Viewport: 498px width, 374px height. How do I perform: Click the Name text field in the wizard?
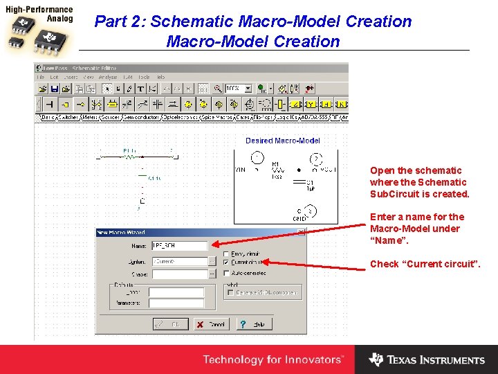(x=179, y=245)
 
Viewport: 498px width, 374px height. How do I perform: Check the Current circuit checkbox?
(x=226, y=262)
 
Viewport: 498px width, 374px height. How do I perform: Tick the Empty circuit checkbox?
(x=226, y=253)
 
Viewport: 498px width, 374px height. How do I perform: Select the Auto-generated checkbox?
(x=226, y=273)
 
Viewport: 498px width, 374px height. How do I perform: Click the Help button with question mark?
(x=254, y=324)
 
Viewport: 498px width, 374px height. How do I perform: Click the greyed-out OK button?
(x=170, y=324)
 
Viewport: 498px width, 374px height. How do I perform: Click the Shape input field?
(x=179, y=274)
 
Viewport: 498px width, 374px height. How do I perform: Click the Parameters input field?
(x=176, y=303)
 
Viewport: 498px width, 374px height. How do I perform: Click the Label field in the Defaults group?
(x=176, y=292)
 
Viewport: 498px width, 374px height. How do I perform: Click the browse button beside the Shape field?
(x=212, y=274)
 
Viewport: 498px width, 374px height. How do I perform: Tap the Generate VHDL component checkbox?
(x=230, y=292)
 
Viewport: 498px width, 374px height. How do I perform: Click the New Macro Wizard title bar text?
(x=122, y=233)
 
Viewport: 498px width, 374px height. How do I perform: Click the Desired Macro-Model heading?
(x=283, y=141)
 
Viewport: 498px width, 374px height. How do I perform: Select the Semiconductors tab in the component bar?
(x=140, y=118)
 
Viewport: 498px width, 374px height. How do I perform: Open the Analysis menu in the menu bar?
(x=107, y=77)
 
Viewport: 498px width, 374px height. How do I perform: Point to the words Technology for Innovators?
(x=273, y=359)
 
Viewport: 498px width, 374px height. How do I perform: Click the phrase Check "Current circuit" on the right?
(x=425, y=264)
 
